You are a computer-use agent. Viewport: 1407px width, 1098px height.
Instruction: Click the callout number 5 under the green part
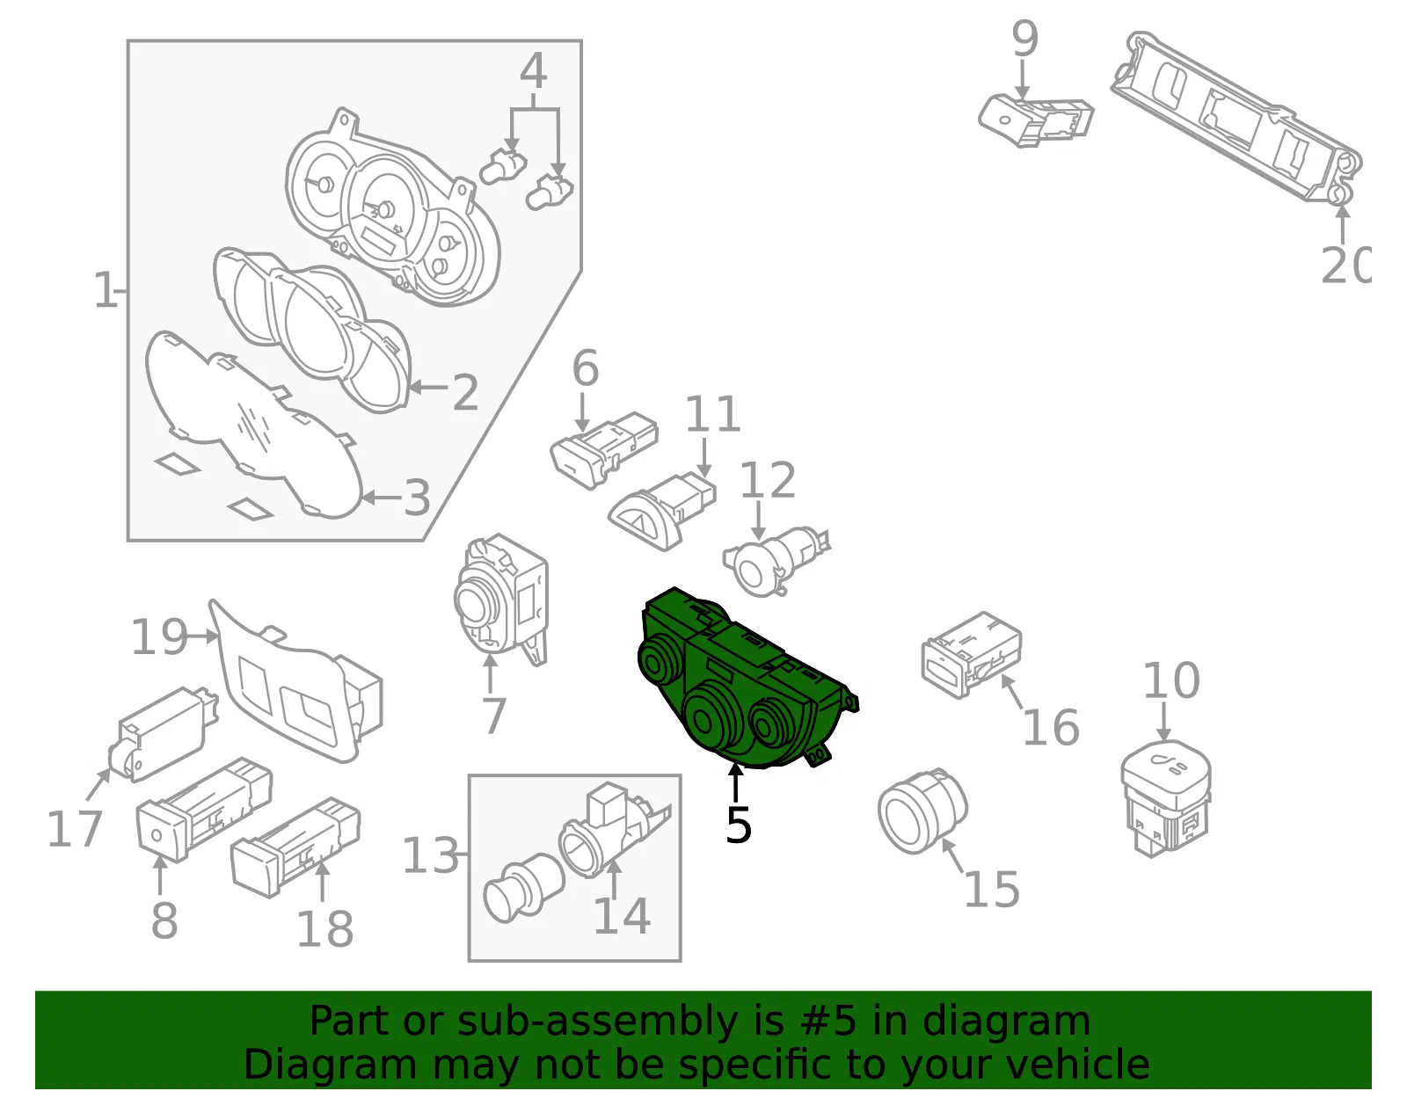coord(738,825)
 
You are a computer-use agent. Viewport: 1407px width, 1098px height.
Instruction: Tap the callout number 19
coord(159,636)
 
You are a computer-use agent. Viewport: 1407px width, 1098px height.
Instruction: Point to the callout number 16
coord(1051,727)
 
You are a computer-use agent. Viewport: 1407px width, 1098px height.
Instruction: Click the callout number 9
coord(1025,38)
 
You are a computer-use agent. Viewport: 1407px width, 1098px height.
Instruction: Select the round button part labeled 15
coord(922,811)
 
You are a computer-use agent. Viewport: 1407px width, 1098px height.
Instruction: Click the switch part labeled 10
coord(1165,800)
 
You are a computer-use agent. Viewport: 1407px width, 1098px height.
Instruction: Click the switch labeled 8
coord(203,810)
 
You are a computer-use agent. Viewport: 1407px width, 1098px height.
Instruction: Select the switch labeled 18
coord(295,847)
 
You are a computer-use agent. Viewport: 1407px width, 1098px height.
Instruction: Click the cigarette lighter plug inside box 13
coord(522,887)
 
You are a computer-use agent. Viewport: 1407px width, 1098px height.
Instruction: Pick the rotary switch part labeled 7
coord(501,600)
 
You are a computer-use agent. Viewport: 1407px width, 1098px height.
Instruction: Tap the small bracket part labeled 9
coord(1036,121)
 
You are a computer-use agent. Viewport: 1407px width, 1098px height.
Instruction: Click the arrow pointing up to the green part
coord(735,783)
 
